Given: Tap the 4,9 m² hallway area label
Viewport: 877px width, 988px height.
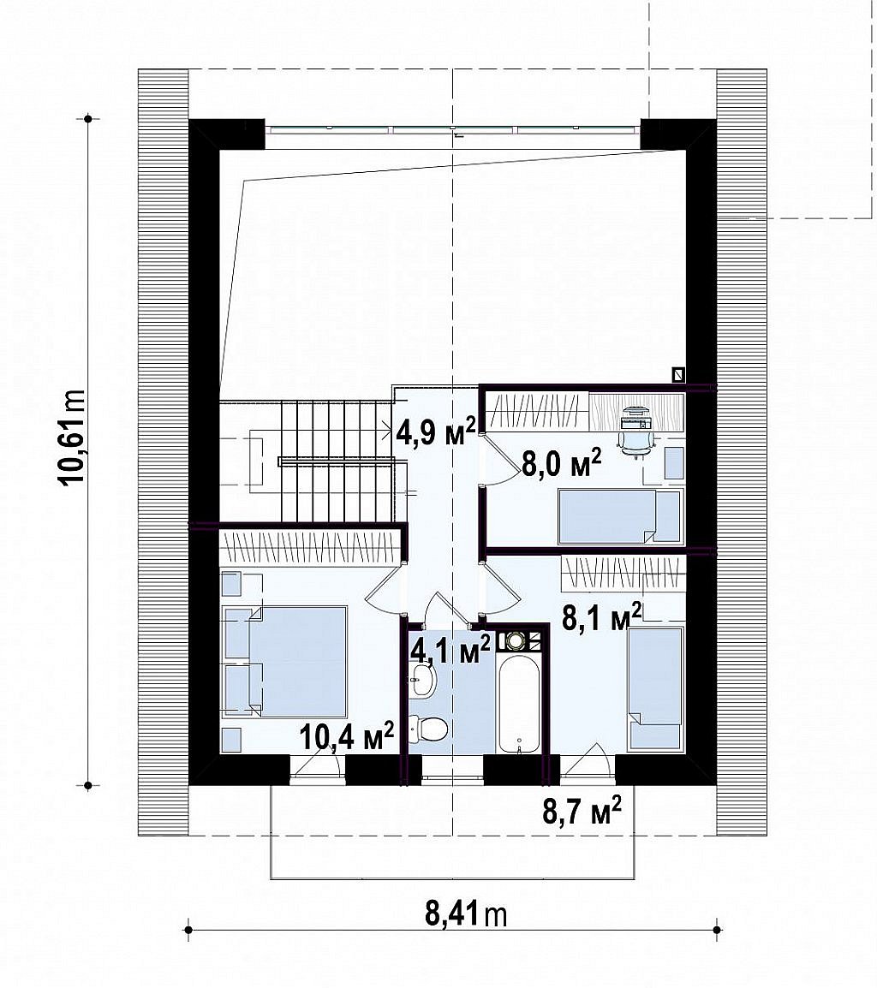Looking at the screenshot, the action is coord(436,432).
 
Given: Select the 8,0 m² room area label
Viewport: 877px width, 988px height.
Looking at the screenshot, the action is coord(561,463).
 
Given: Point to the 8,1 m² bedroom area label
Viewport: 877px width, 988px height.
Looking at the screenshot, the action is coord(602,617).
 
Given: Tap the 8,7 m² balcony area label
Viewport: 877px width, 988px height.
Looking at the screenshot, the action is coord(582,810).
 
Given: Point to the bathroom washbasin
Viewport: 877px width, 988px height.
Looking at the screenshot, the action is coord(422,680).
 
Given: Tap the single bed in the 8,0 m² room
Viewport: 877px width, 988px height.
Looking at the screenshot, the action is coord(620,516).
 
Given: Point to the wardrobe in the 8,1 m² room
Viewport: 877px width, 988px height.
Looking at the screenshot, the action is coord(623,573).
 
